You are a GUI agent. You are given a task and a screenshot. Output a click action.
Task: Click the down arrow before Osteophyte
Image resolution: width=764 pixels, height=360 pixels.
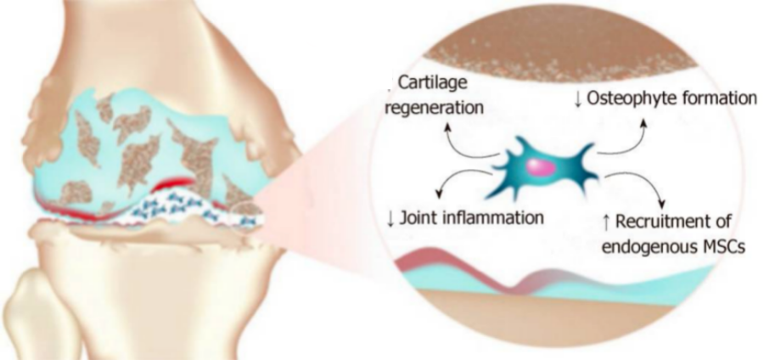pos(577,98)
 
